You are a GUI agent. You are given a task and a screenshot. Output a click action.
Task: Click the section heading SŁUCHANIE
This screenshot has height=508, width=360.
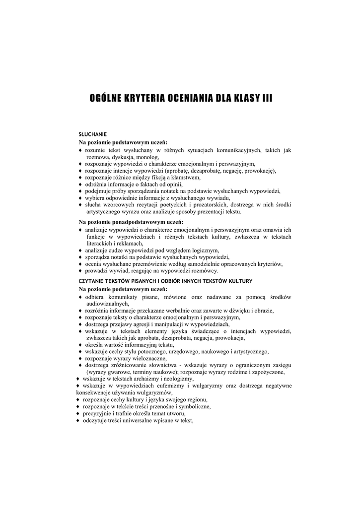(93, 134)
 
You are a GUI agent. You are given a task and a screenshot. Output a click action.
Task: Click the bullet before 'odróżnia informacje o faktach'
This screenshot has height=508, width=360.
(80, 184)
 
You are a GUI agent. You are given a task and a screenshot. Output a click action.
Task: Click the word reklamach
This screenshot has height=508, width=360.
(129, 244)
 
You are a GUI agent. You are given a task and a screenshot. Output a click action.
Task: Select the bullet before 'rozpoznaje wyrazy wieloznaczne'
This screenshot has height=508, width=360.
(80, 358)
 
